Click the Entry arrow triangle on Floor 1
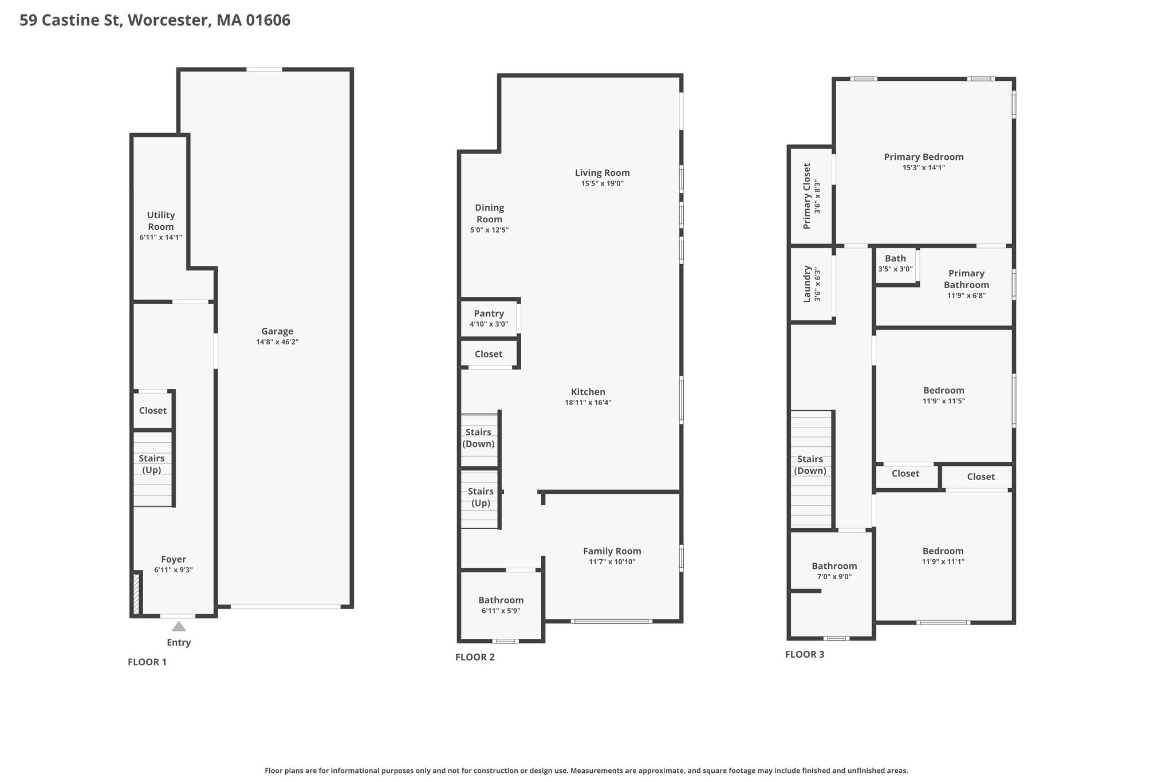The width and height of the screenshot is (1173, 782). click(179, 626)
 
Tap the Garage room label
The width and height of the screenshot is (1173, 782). click(277, 331)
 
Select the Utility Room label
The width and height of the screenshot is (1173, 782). click(161, 221)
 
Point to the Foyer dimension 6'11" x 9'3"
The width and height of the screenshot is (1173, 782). click(174, 570)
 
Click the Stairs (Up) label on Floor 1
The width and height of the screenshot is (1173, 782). click(152, 464)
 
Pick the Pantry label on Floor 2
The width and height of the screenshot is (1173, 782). click(489, 313)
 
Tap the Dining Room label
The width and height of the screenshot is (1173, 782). click(490, 213)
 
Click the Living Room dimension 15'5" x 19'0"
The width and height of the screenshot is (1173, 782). click(603, 183)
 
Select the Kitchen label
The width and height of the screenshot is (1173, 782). click(588, 392)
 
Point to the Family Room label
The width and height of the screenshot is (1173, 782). click(612, 551)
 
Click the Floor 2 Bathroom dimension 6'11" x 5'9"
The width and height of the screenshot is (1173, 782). click(501, 611)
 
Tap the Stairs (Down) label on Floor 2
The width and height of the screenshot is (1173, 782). click(478, 438)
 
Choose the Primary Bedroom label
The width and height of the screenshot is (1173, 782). click(924, 157)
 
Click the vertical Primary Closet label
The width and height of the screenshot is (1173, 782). click(807, 196)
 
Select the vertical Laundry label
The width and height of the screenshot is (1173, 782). click(807, 284)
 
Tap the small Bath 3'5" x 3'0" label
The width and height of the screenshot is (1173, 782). click(895, 263)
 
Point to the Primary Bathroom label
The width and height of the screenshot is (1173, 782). click(966, 279)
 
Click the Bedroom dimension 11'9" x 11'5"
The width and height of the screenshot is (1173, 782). click(944, 401)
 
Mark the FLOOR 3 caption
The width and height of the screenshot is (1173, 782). click(805, 654)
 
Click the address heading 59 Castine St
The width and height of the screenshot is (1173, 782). click(70, 20)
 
